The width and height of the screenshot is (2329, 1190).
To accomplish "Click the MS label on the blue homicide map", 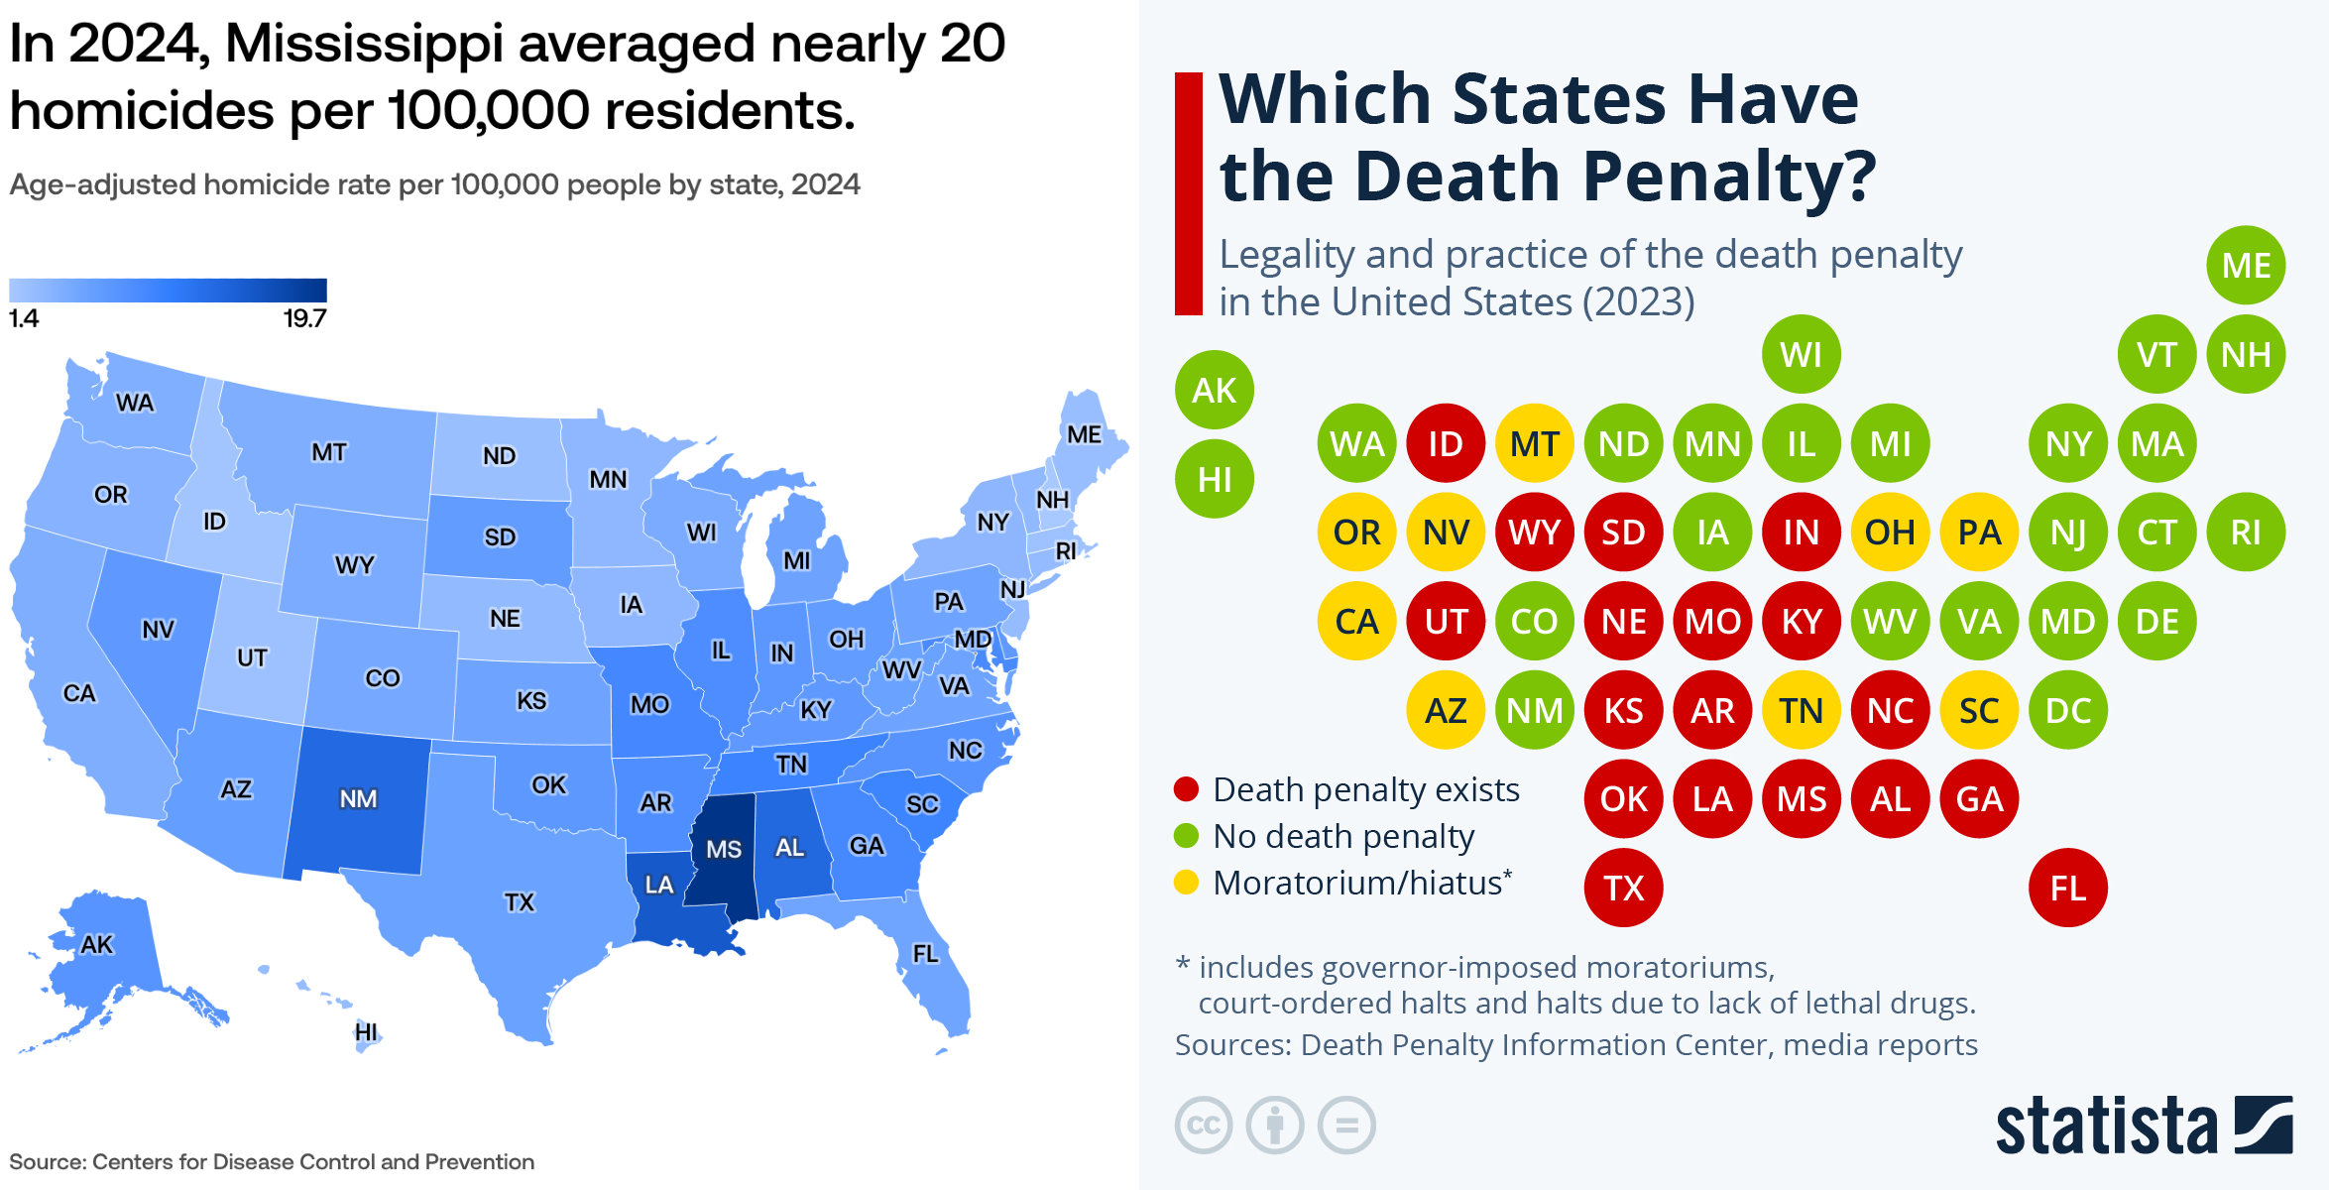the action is [x=724, y=849].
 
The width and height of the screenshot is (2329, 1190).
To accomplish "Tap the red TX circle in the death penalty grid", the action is [x=1623, y=888].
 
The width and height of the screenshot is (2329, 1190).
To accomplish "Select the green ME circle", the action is [x=2246, y=266].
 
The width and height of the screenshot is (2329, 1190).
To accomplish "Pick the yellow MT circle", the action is [x=1534, y=443].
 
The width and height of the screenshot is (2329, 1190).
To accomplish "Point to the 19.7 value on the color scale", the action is [x=304, y=318].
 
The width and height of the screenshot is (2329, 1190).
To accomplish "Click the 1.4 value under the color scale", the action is [x=24, y=318].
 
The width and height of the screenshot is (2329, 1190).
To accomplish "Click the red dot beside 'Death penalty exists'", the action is [x=1186, y=789].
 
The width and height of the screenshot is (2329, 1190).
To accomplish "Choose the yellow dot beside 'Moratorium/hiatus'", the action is [x=1186, y=883].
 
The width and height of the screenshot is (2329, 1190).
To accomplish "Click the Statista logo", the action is [x=2144, y=1126].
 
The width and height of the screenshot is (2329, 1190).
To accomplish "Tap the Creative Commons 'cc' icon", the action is [x=1204, y=1126].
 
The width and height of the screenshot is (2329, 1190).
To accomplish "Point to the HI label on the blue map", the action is [x=366, y=1032].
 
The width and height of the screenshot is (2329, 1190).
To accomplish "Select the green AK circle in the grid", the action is [x=1214, y=390].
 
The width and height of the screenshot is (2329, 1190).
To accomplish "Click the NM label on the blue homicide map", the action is [x=358, y=799].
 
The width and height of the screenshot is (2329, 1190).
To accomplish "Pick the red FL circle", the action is [x=2067, y=888].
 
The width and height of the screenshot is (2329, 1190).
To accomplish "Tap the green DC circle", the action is [x=2067, y=710].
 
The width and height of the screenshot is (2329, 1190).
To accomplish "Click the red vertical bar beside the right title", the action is [x=1188, y=193].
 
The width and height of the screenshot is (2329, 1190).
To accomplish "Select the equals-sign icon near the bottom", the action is [x=1346, y=1126].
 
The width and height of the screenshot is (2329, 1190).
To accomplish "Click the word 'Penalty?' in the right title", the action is [x=1729, y=176].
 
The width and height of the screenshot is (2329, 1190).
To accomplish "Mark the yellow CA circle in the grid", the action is [x=1356, y=622].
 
